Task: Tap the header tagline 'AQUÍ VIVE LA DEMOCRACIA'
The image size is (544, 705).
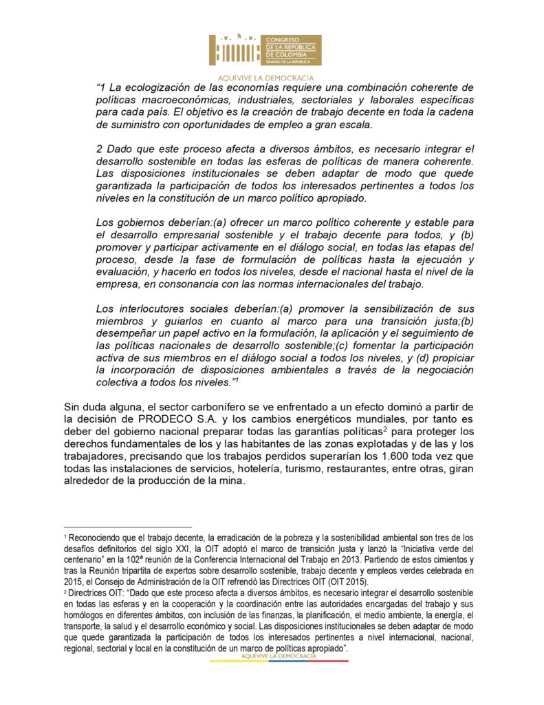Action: pyautogui.click(x=265, y=78)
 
